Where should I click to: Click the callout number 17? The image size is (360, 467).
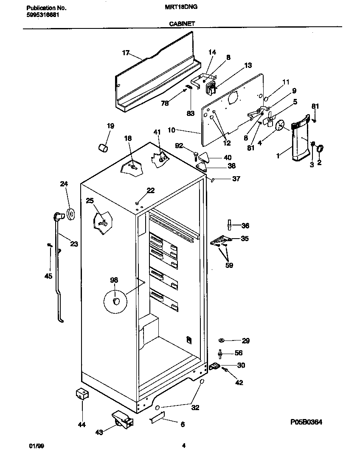coord(126,53)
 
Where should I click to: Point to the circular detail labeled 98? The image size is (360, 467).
coord(115,301)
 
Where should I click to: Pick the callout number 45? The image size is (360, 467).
coord(48,276)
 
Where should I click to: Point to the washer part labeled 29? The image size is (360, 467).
coord(222,340)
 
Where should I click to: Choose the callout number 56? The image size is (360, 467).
coord(239,353)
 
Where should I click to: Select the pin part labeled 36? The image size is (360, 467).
coord(230,223)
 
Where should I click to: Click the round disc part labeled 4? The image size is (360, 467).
coord(280,126)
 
